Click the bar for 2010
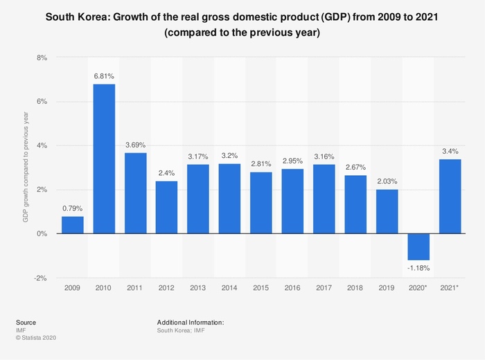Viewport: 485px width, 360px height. (x=104, y=159)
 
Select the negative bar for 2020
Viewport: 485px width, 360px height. (x=419, y=246)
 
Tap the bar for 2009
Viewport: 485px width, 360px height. (x=73, y=225)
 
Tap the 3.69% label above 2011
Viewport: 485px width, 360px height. (x=136, y=145)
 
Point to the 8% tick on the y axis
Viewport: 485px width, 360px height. (x=42, y=58)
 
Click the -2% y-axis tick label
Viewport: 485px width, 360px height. (x=41, y=278)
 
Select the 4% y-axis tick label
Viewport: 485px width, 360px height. (x=42, y=146)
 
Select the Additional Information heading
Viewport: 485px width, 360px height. (x=191, y=323)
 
